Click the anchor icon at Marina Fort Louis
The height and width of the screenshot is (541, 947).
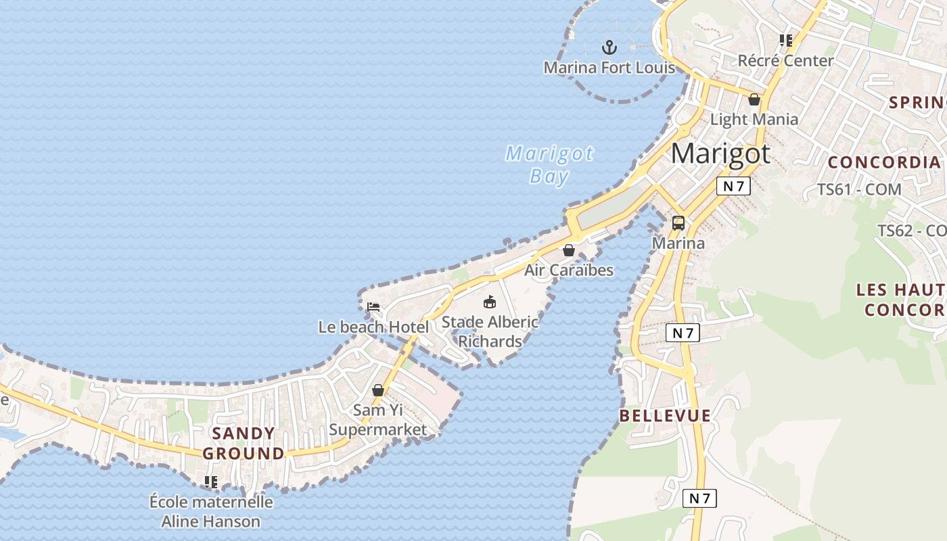click(x=609, y=47)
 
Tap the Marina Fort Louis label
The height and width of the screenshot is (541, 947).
click(x=609, y=68)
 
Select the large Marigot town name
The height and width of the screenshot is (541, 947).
click(x=720, y=154)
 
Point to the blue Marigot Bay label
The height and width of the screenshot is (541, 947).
click(x=549, y=164)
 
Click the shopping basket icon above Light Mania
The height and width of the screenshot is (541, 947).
click(x=754, y=100)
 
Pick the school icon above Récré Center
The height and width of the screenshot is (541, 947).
click(x=785, y=41)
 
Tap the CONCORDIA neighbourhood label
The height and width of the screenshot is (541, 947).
click(x=884, y=162)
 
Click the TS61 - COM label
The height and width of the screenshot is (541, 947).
click(x=859, y=189)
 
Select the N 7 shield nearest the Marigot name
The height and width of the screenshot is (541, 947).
click(x=734, y=186)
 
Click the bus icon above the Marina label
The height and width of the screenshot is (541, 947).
click(x=678, y=223)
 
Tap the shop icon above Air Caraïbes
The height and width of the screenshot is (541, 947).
click(x=569, y=251)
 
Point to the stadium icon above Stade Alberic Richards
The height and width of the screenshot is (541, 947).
click(x=489, y=302)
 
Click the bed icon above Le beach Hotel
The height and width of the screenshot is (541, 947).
click(x=373, y=307)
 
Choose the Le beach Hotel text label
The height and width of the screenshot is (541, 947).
click(x=373, y=327)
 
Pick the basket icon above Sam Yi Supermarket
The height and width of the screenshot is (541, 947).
click(x=378, y=391)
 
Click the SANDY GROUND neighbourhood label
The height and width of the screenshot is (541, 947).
click(x=244, y=444)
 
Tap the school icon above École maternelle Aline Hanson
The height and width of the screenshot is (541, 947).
click(x=211, y=482)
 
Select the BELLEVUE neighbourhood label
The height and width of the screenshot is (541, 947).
click(x=665, y=416)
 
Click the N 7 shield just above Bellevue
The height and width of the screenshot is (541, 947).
click(x=683, y=333)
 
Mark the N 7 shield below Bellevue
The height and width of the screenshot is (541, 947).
click(x=699, y=499)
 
